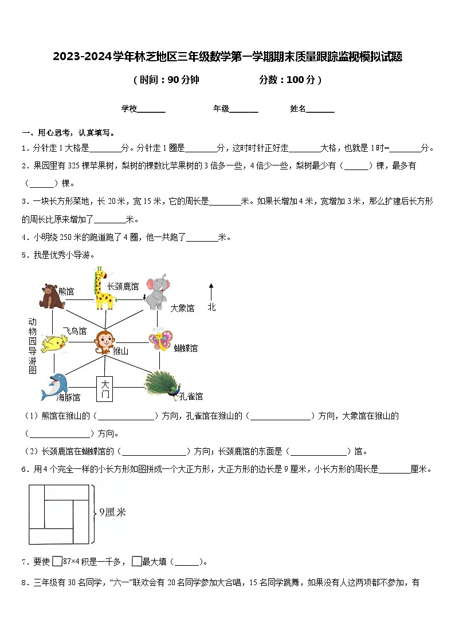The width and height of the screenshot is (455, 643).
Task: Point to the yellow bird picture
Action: (x=57, y=342)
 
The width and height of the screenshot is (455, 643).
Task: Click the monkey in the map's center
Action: (x=104, y=341)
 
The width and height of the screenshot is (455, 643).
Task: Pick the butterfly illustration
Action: (x=160, y=339)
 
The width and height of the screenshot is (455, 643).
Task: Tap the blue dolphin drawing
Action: (x=54, y=385)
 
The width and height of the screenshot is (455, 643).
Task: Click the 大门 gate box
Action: (x=104, y=389)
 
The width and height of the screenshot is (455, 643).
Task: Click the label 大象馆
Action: (x=182, y=308)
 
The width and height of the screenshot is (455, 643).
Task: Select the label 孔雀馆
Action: (x=191, y=396)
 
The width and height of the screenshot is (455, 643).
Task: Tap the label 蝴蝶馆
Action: (x=185, y=348)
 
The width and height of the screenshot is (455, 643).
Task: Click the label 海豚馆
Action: (x=68, y=397)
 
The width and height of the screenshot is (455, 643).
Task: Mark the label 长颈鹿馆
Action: (x=123, y=285)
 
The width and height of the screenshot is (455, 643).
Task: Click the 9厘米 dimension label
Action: (x=112, y=512)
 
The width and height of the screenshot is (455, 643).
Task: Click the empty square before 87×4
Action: (x=57, y=562)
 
